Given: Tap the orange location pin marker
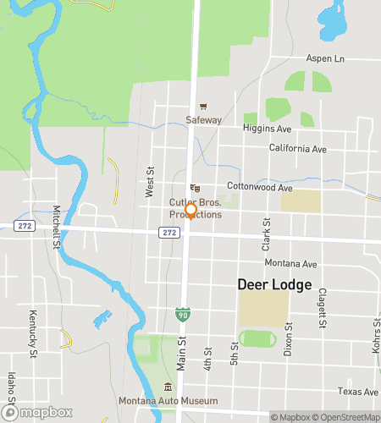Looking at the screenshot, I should pyautogui.click(x=191, y=211).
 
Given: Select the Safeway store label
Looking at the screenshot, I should pyautogui.click(x=204, y=120).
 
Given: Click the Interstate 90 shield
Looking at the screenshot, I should pyautogui.click(x=182, y=315).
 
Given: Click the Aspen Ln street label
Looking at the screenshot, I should pyautogui.click(x=351, y=59).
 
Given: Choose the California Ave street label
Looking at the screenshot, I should pyautogui.click(x=297, y=149).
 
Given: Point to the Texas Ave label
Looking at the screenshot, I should pyautogui.click(x=357, y=391).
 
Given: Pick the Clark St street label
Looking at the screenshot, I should pyautogui.click(x=265, y=233).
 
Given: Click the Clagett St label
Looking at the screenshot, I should pyautogui.click(x=322, y=305).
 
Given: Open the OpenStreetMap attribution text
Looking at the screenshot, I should pyautogui.click(x=347, y=416).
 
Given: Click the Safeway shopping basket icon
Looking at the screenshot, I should pyautogui.click(x=203, y=107).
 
